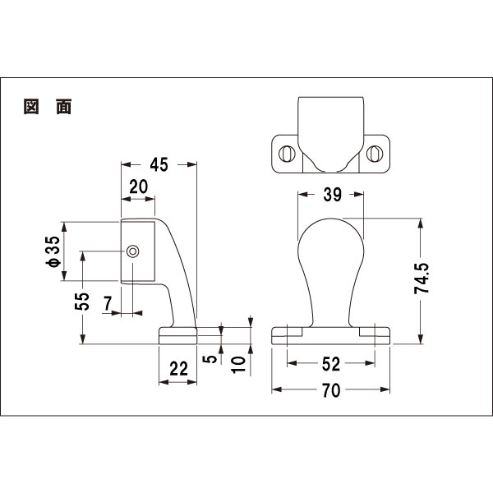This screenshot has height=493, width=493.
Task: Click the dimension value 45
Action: click(159, 164)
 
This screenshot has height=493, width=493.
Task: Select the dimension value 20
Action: click(139, 187)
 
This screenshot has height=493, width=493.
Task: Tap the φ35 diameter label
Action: click(53, 252)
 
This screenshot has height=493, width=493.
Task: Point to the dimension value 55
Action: click(82, 302)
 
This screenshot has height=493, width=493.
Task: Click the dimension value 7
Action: click(108, 304)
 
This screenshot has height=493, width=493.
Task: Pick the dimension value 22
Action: click(178, 369)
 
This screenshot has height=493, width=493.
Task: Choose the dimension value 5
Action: click(210, 359)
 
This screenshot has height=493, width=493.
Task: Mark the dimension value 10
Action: click(238, 365)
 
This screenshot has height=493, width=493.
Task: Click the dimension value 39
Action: click(332, 195)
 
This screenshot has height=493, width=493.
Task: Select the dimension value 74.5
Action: click(422, 279)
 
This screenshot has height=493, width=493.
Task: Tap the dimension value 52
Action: click(331, 364)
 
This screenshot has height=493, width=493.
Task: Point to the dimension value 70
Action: click(331, 390)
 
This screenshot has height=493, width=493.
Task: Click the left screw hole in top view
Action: click(287, 154)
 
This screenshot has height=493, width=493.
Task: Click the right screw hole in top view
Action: click(375, 154)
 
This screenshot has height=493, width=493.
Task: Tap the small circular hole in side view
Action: click(132, 251)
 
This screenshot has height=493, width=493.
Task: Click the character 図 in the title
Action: click(31, 107)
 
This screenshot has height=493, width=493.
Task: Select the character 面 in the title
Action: click(64, 107)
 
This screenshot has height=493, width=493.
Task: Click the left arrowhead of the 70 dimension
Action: click(277, 389)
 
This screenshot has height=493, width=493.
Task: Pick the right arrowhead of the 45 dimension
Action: click(191, 164)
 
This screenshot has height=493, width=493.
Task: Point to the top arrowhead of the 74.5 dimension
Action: click(421, 223)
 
